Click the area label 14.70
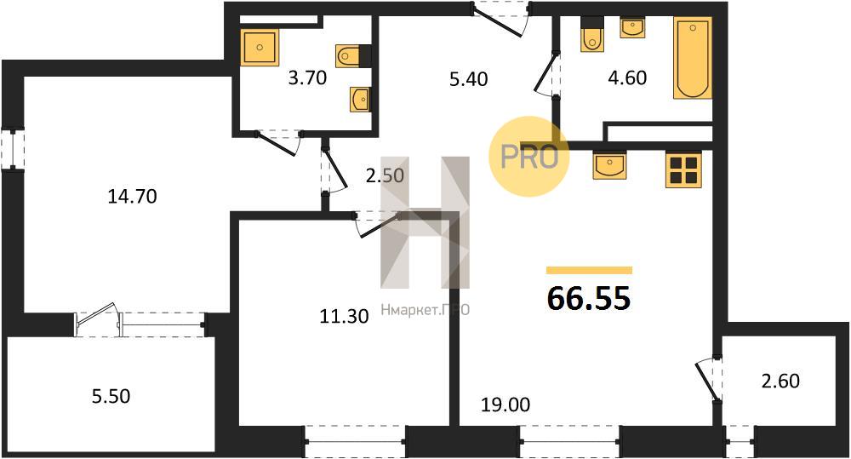[133, 196]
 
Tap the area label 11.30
[344, 316]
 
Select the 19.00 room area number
[505, 404]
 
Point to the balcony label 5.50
[111, 396]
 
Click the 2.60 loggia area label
[780, 381]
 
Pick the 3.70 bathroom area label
[307, 78]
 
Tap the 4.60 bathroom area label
[627, 77]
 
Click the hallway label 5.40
[468, 79]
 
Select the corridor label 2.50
[385, 175]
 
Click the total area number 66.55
[589, 298]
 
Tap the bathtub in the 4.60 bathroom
[693, 58]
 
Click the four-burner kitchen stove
[683, 169]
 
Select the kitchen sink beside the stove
[610, 164]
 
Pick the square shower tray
[260, 48]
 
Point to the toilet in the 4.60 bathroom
[592, 35]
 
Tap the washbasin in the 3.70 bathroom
[359, 100]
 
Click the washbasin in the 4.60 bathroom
[633, 28]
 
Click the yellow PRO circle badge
[528, 157]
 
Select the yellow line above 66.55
[590, 270]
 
